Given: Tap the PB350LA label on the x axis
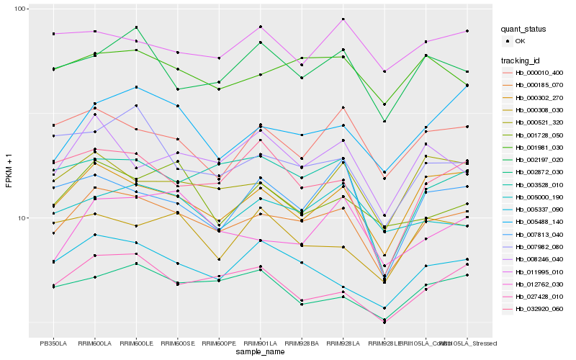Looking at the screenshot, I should [53, 343].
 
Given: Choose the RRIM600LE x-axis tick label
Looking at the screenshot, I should [137, 343].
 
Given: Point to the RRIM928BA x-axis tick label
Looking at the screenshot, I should [302, 343].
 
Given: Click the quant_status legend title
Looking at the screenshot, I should [525, 30].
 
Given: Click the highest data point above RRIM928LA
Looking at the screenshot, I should [343, 19].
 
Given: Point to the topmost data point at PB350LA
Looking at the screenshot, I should [53, 34].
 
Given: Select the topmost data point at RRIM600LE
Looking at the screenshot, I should [137, 27].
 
